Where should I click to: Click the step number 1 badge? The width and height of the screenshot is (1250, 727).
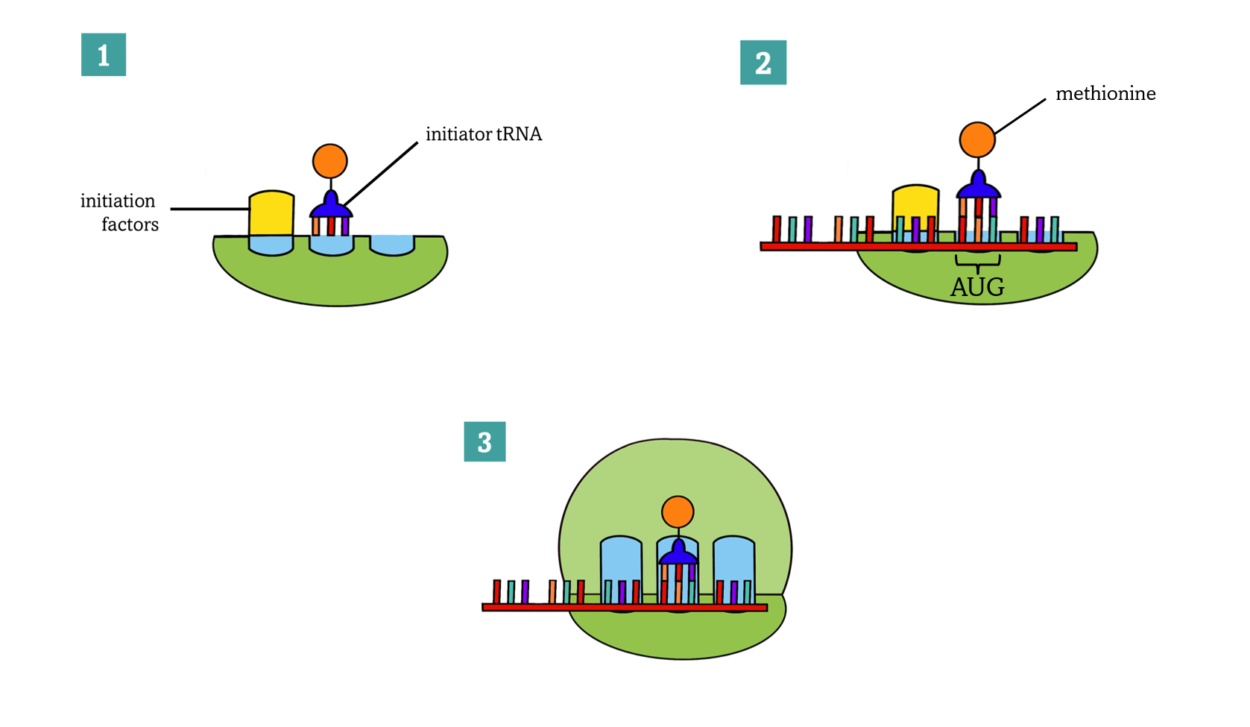point(104,54)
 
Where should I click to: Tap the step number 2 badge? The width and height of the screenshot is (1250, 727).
point(763,63)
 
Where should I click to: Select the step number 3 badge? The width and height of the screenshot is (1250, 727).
point(484,441)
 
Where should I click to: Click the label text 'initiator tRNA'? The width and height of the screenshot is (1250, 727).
point(484,134)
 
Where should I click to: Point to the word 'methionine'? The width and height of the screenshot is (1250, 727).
point(1105,94)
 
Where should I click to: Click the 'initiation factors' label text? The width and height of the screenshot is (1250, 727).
point(119,213)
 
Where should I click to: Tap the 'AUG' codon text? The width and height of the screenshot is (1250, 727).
point(977,287)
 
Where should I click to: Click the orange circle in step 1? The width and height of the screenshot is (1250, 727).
point(330,160)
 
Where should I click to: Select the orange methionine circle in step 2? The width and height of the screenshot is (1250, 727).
point(977,139)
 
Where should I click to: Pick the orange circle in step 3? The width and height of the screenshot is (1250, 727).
point(678,512)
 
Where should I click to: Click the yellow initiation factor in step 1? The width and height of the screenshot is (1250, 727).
point(271,213)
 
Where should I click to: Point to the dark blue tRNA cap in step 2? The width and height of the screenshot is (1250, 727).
point(978,185)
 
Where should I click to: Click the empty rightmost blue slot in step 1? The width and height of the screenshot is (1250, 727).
point(392,245)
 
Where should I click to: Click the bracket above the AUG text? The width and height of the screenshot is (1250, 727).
point(977,262)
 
